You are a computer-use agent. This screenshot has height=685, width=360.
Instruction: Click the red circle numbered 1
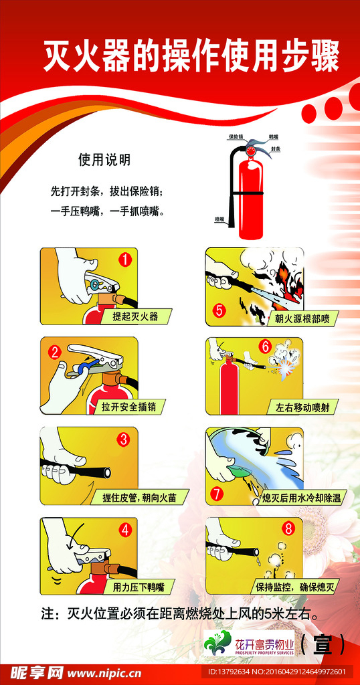click(124, 260)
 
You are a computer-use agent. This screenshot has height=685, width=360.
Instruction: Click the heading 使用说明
click(104, 160)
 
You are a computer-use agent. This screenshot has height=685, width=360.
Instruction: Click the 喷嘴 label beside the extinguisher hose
click(219, 219)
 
